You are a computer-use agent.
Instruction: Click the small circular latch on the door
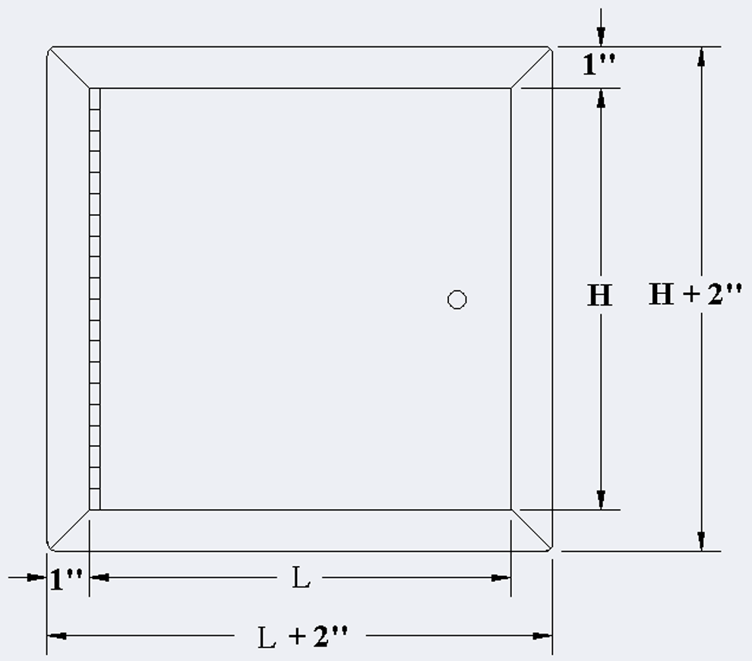[457, 300]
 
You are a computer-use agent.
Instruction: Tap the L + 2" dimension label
[303, 637]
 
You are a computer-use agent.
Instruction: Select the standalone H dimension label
[600, 295]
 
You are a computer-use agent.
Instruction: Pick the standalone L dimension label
[301, 577]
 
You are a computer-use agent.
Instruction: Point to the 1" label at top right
[599, 64]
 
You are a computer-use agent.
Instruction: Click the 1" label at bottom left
[66, 579]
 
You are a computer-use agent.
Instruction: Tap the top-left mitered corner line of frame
[70, 68]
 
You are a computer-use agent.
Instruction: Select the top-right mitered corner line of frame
[530, 68]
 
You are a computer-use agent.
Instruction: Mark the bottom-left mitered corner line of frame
[70, 530]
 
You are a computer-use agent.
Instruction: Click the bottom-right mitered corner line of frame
[530, 530]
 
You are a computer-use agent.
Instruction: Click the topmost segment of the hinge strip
[94, 99]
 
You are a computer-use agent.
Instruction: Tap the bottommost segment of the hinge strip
[94, 499]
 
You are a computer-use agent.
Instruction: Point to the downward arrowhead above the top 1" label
[601, 36]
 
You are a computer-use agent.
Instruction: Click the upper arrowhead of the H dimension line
[601, 98]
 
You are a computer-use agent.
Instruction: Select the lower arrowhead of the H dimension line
[601, 499]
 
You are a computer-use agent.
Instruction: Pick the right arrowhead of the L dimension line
[501, 577]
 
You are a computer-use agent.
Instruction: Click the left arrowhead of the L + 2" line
[57, 636]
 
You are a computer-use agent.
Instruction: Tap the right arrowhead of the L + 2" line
[542, 636]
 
